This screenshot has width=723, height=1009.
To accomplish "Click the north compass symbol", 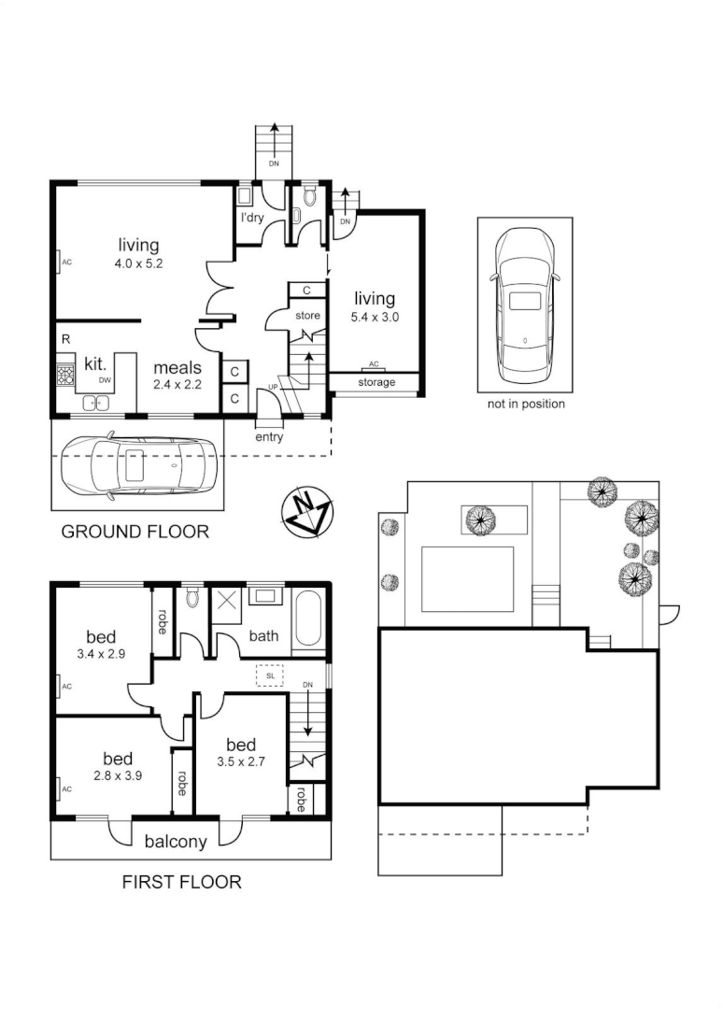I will click(307, 512).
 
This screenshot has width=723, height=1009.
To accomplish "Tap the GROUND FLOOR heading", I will click(135, 532).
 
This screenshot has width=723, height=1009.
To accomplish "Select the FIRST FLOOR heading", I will click(182, 881).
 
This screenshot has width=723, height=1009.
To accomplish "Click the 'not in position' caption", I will click(526, 404).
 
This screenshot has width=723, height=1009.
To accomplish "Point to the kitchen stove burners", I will click(66, 376).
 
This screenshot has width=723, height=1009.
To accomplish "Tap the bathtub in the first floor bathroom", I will click(307, 621).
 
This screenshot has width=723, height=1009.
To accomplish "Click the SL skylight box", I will click(270, 675).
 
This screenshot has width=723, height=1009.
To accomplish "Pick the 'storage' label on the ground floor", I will click(376, 382).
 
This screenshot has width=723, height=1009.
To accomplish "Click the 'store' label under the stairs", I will click(308, 316).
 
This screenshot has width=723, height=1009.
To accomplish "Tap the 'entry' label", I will click(269, 436).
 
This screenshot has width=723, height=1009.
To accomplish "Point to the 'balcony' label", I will click(176, 841).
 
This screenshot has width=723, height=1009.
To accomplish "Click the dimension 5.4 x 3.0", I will click(375, 318).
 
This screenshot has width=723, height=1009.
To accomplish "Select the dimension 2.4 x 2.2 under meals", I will click(178, 384).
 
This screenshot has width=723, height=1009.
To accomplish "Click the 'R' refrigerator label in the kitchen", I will click(65, 338).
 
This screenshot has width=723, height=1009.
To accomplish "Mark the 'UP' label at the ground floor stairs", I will click(273, 386).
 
